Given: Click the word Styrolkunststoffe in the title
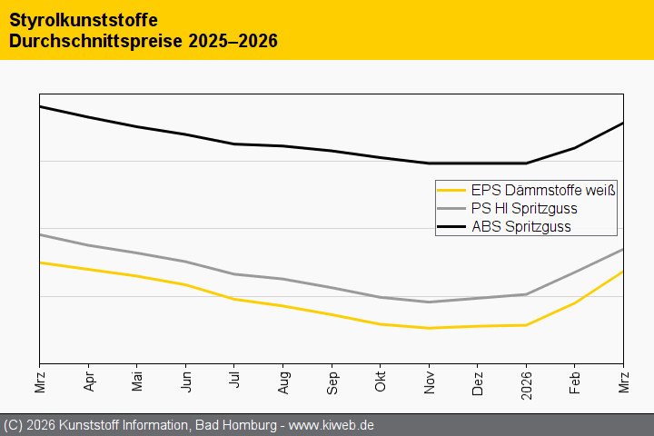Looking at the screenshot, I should click(x=76, y=19).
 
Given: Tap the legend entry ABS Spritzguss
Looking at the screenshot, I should click(x=520, y=227).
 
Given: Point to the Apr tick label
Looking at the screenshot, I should click(x=88, y=379).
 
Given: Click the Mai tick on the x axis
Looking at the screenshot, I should click(x=137, y=379).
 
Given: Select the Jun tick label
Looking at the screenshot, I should click(x=185, y=379).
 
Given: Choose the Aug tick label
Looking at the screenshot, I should click(x=283, y=379).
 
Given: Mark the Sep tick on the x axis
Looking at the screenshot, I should click(x=332, y=379).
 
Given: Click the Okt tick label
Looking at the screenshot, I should click(x=381, y=379).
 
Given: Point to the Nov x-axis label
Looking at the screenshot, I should click(x=429, y=379).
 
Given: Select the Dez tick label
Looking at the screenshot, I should click(x=478, y=379).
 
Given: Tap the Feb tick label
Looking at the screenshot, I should click(x=575, y=379).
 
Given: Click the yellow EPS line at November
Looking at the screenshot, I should click(x=429, y=328).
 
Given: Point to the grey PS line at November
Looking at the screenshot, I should click(x=429, y=302).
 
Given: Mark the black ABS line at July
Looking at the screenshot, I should click(x=234, y=144).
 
